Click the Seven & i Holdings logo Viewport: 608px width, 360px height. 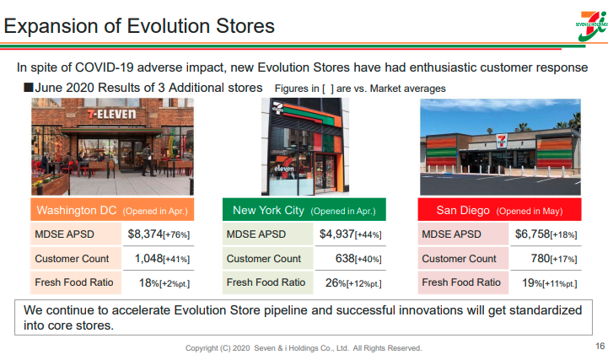click(x=592, y=26)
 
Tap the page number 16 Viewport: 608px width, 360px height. click(x=600, y=346)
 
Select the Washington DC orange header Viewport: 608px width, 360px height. click(x=112, y=210)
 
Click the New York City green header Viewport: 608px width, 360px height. click(x=304, y=210)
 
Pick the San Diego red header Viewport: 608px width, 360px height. click(x=499, y=210)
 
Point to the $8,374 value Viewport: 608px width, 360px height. click(x=145, y=234)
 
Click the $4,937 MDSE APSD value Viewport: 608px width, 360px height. click(x=336, y=234)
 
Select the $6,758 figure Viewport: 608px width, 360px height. click(x=532, y=234)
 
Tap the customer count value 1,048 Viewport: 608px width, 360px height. click(x=148, y=259)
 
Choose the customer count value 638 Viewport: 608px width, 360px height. click(x=345, y=259)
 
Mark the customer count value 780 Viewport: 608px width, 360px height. click(x=541, y=259)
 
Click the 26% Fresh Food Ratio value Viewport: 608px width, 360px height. click(x=336, y=283)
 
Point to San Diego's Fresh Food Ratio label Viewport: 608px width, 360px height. click(x=461, y=282)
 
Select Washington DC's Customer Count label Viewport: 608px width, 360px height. click(x=72, y=259)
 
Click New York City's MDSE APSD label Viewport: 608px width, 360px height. click(x=256, y=234)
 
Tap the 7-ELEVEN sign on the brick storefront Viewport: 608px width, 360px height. click(x=111, y=114)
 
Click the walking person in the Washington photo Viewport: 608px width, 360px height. click(x=148, y=159)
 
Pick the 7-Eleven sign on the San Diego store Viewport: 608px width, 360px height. click(x=502, y=141)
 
